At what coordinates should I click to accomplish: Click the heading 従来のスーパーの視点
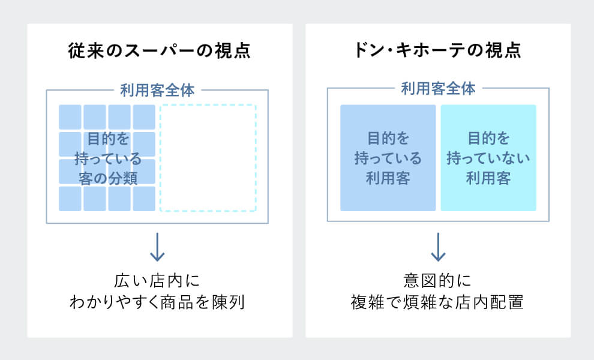coord(159,50)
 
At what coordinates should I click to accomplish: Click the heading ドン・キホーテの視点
coord(437,50)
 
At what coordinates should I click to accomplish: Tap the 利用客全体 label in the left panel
coord(157,91)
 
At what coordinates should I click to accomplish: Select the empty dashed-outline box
coord(208,158)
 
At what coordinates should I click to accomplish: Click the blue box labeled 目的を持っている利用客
coord(388,158)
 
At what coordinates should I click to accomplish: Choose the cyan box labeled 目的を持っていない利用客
coord(488,158)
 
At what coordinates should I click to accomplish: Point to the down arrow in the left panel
coord(157,247)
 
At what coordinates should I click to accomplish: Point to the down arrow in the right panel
coord(438,247)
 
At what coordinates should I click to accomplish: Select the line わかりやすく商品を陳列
coord(157,302)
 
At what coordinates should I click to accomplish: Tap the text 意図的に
coord(437,280)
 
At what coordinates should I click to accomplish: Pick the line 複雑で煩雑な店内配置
coord(437,302)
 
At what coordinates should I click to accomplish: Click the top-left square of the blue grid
coord(70,116)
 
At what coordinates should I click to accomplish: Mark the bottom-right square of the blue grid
coord(144,199)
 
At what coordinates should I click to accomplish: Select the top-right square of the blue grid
coord(144,116)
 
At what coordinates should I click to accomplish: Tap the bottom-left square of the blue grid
coord(70,199)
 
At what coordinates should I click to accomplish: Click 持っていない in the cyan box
coord(488,159)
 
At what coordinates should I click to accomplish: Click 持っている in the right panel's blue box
coord(388,159)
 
